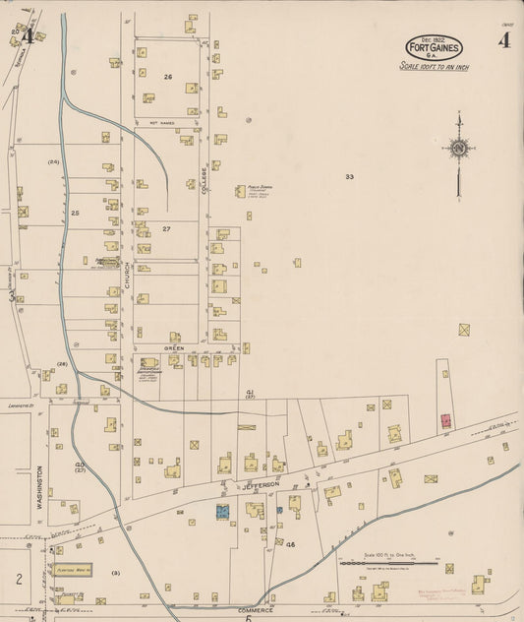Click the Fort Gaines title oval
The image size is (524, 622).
[x=435, y=47]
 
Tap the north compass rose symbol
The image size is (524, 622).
[x=458, y=149]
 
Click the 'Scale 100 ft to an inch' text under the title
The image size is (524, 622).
[x=435, y=67]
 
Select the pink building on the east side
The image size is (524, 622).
[x=445, y=420]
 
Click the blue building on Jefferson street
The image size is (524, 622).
[x=222, y=511]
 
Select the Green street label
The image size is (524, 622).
[x=174, y=347]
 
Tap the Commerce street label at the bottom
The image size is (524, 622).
[x=253, y=584]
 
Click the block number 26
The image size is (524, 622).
[x=168, y=77]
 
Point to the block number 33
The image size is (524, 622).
[x=348, y=177]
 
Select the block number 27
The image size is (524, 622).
[x=166, y=228]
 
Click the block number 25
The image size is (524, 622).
[x=75, y=213]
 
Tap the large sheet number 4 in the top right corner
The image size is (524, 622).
[x=503, y=40]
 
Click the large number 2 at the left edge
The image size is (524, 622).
[x=18, y=578]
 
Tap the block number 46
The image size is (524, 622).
[x=291, y=543]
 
